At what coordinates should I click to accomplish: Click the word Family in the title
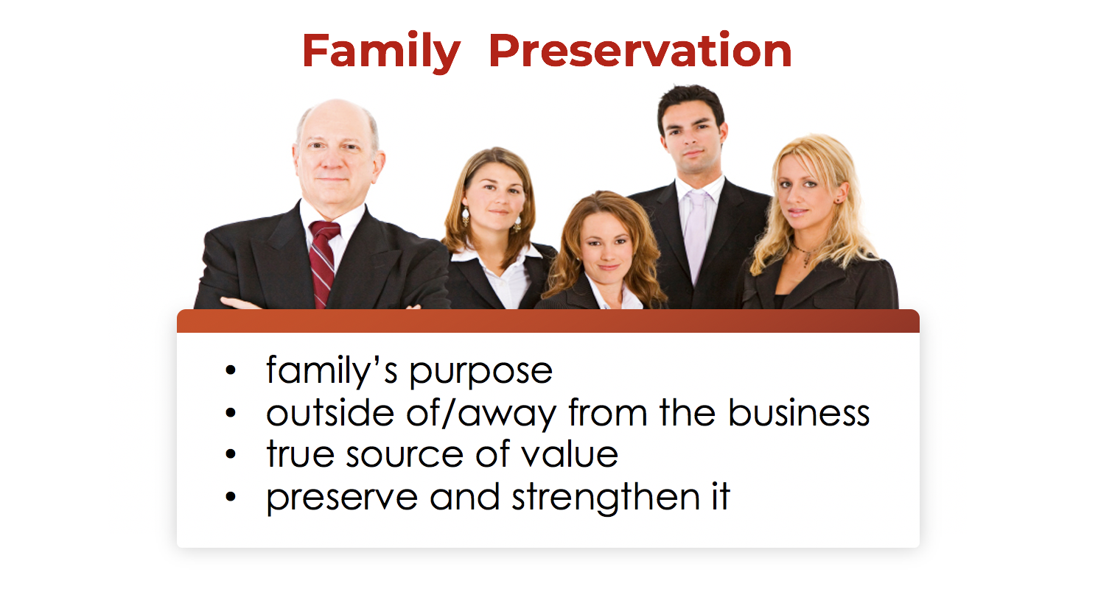(x=382, y=52)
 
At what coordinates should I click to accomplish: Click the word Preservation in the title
(x=640, y=50)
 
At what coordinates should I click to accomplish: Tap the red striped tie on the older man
(x=323, y=262)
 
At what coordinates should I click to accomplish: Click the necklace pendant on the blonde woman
(x=806, y=259)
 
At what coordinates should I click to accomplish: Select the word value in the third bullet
(x=570, y=454)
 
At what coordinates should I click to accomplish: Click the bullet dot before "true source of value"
(x=231, y=454)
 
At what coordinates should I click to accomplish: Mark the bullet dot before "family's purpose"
(x=231, y=370)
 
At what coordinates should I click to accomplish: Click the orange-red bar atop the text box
(x=548, y=321)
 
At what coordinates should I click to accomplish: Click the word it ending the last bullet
(x=721, y=496)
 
